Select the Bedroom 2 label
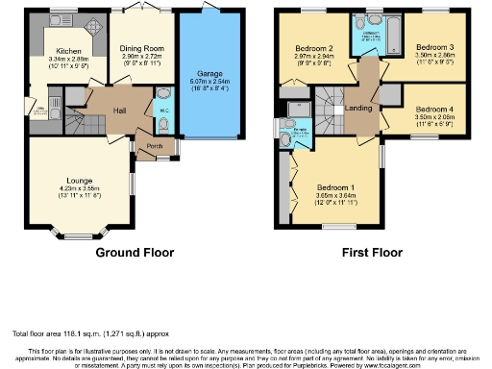click(314, 48)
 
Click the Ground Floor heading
click(135, 255)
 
